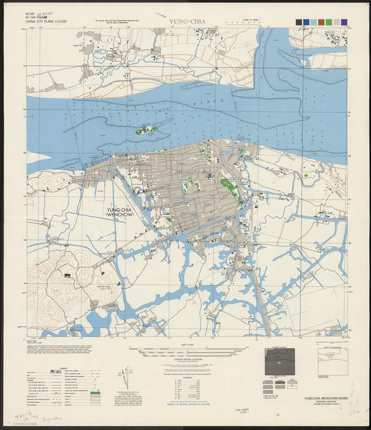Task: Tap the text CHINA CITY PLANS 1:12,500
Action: click(x=46, y=21)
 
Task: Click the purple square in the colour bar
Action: click(x=344, y=22)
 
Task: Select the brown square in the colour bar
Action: click(x=321, y=22)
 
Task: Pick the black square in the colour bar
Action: click(x=299, y=22)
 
